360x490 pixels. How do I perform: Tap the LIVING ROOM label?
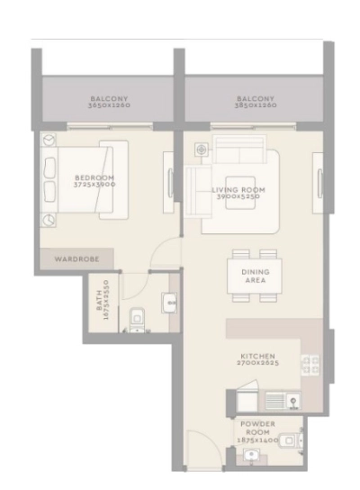pos(238,190)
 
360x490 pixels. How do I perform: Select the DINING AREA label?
pos(255,276)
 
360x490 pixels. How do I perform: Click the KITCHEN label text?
pos(257,356)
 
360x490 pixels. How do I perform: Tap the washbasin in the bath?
pos(170,304)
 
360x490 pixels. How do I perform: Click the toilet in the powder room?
pos(286,440)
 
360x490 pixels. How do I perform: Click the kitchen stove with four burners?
pos(310,364)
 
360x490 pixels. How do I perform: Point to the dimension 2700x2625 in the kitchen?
pos(257,364)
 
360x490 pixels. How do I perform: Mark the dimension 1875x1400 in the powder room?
pos(257,440)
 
